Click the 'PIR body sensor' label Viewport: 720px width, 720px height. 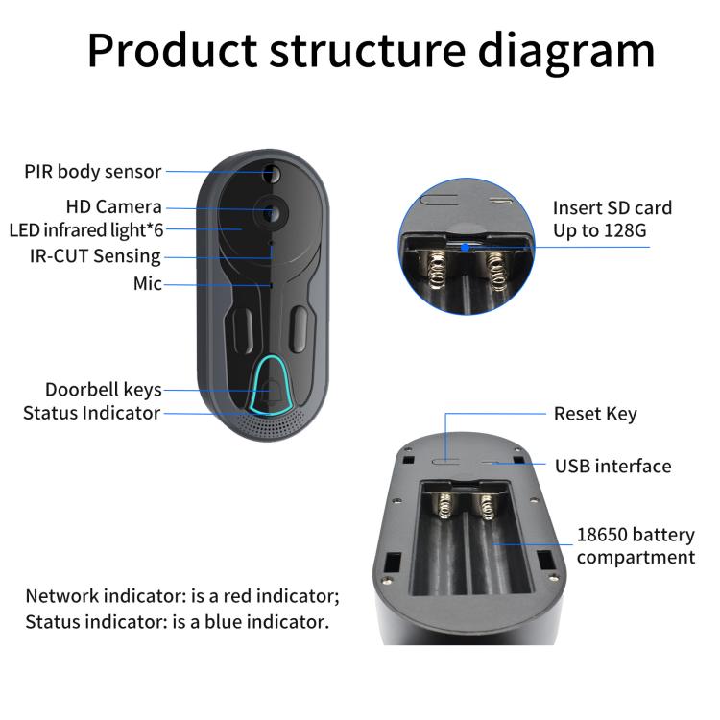(93, 172)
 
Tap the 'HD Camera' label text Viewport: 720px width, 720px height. (113, 206)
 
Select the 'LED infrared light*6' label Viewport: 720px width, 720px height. (86, 230)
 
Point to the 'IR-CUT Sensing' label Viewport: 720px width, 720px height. (95, 256)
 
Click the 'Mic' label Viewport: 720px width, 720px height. (147, 284)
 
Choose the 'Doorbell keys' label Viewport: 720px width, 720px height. (103, 390)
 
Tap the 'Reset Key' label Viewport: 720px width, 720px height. (594, 414)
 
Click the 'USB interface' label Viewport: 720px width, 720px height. (612, 466)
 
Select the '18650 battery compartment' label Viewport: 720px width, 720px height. (635, 545)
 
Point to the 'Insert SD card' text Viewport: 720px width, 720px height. (612, 208)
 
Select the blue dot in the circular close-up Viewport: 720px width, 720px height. (465, 246)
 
